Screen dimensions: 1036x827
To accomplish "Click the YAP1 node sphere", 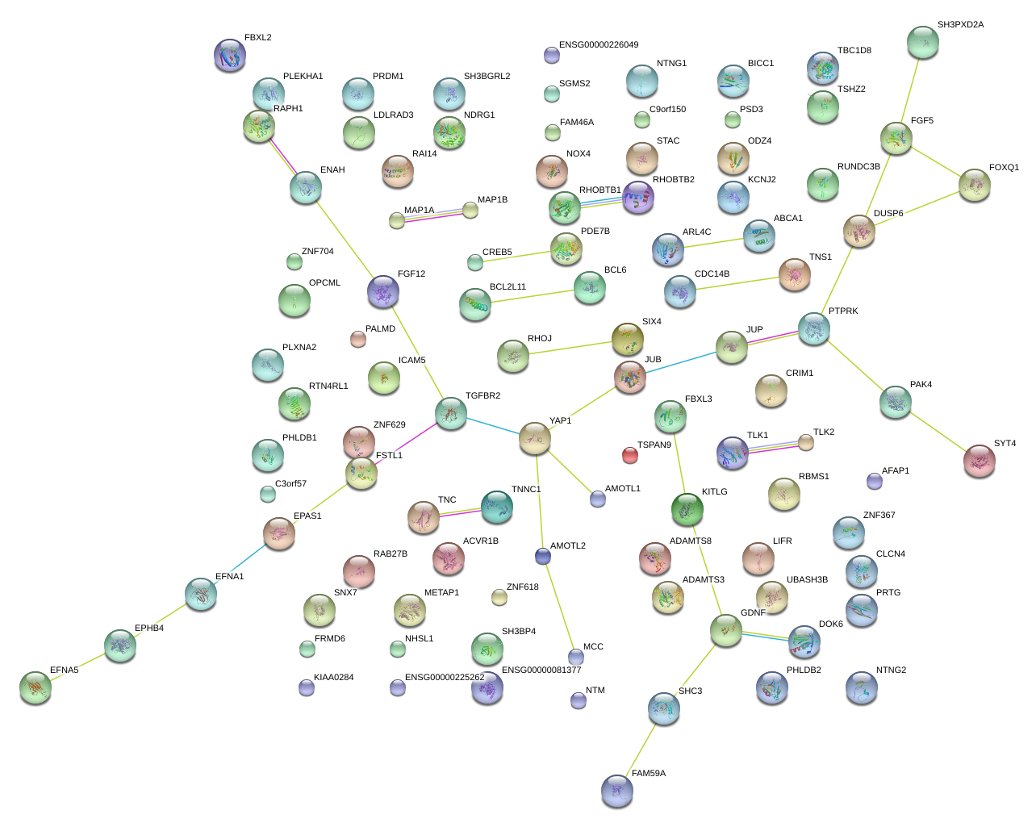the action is coord(535,438).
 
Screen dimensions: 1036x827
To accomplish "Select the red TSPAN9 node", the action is coord(629,455).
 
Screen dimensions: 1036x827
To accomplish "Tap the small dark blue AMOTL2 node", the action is coord(543,557).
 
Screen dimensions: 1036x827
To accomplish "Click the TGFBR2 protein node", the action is coord(450,413).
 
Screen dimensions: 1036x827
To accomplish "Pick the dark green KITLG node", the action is coord(687,509).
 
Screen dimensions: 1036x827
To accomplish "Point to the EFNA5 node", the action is coord(36,687).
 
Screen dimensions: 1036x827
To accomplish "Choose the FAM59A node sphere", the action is coord(617,791).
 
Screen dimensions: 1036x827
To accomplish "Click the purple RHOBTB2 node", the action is coord(638,197).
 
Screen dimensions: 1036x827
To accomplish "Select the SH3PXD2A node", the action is coord(923,43).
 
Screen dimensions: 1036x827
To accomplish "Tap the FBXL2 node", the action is coord(230,55).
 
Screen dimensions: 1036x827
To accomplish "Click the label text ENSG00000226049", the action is coord(599,44).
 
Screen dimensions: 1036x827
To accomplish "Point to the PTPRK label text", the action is coord(843,311).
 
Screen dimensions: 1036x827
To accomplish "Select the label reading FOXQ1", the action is coord(1004,167).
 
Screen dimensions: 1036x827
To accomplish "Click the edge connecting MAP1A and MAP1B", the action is coord(433,215).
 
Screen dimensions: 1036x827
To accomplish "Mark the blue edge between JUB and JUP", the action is coord(681,362).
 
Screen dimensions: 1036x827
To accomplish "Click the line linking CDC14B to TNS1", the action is coord(737,283).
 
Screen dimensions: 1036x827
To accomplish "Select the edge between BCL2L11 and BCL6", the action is coord(533,296).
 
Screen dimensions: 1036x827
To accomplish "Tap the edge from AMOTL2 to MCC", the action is coord(559,607).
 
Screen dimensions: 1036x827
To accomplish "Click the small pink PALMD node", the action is coord(357,339).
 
